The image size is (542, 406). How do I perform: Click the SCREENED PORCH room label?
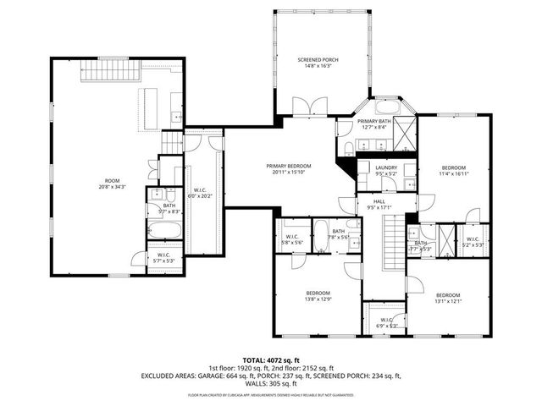coord(318,60)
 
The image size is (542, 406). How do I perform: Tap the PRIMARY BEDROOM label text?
coord(288,166)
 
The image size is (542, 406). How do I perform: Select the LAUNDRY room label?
coord(385,167)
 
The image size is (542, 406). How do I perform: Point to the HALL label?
coord(379,200)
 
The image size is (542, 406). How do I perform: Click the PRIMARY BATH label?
coord(373,122)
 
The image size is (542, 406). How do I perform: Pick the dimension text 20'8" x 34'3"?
coord(112,187)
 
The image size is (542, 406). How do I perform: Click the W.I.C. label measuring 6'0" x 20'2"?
coord(201,189)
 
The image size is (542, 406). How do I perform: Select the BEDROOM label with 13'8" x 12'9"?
coord(317,292)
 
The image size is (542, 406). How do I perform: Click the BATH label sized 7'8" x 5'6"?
coord(338,232)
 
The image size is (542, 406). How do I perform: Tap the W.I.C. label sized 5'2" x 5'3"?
coord(473,239)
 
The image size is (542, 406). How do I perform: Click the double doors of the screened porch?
coord(303,107)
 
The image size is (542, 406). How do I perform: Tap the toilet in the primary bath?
coord(349,150)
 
